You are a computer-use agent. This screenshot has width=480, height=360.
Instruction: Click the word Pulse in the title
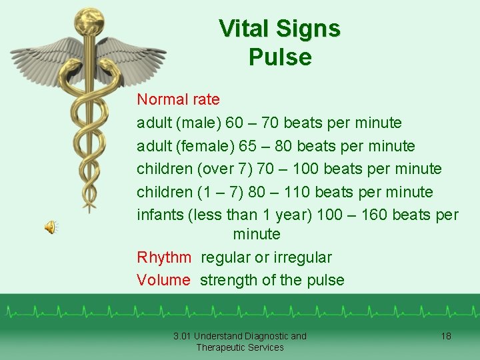pyautogui.click(x=280, y=57)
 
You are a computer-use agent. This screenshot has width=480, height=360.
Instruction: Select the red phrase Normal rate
pyautogui.click(x=178, y=100)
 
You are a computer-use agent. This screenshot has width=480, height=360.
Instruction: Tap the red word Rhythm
pyautogui.click(x=164, y=257)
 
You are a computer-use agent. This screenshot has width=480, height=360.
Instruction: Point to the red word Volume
pyautogui.click(x=163, y=280)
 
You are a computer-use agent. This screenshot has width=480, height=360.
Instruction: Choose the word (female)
pyautogui.click(x=207, y=146)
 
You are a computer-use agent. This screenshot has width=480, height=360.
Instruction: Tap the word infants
pyautogui.click(x=160, y=215)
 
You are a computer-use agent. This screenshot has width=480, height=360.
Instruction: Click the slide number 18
pyautogui.click(x=446, y=336)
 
